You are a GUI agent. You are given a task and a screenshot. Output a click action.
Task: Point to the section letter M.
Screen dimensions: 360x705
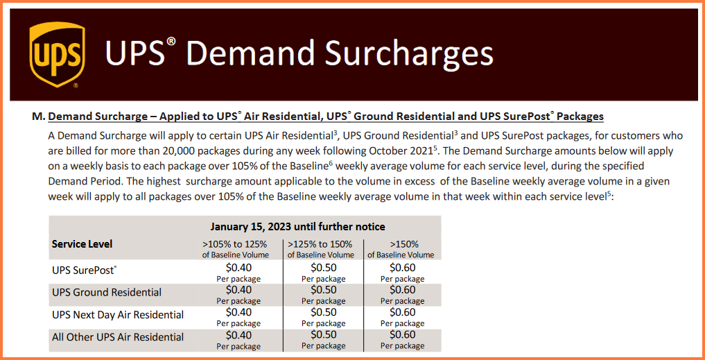pyautogui.click(x=37, y=117)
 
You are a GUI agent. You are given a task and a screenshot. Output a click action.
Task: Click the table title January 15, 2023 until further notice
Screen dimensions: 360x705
pyautogui.click(x=297, y=227)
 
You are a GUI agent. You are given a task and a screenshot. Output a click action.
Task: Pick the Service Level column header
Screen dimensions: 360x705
pyautogui.click(x=82, y=244)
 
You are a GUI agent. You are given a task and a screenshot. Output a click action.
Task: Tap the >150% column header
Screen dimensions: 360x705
pyautogui.click(x=401, y=244)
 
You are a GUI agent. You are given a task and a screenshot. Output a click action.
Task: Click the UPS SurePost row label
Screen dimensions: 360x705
pyautogui.click(x=84, y=271)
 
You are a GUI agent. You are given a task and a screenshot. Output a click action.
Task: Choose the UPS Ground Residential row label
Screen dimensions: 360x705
pyautogui.click(x=107, y=293)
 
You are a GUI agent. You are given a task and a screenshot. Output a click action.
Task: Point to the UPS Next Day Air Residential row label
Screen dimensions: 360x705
pyautogui.click(x=118, y=315)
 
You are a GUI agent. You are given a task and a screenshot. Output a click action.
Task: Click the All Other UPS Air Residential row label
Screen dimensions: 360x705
pyautogui.click(x=118, y=337)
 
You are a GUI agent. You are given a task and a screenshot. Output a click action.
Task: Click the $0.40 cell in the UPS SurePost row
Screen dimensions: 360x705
pyautogui.click(x=238, y=268)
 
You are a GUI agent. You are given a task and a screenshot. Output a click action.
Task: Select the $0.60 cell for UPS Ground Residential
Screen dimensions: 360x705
pyautogui.click(x=403, y=290)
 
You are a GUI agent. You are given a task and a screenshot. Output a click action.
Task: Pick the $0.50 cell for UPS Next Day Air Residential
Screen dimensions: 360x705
pyautogui.click(x=324, y=312)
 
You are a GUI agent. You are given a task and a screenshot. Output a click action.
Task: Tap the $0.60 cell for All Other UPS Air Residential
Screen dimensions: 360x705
pyautogui.click(x=403, y=334)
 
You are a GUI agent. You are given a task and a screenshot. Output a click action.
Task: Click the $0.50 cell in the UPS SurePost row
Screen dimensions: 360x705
pyautogui.click(x=324, y=268)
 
